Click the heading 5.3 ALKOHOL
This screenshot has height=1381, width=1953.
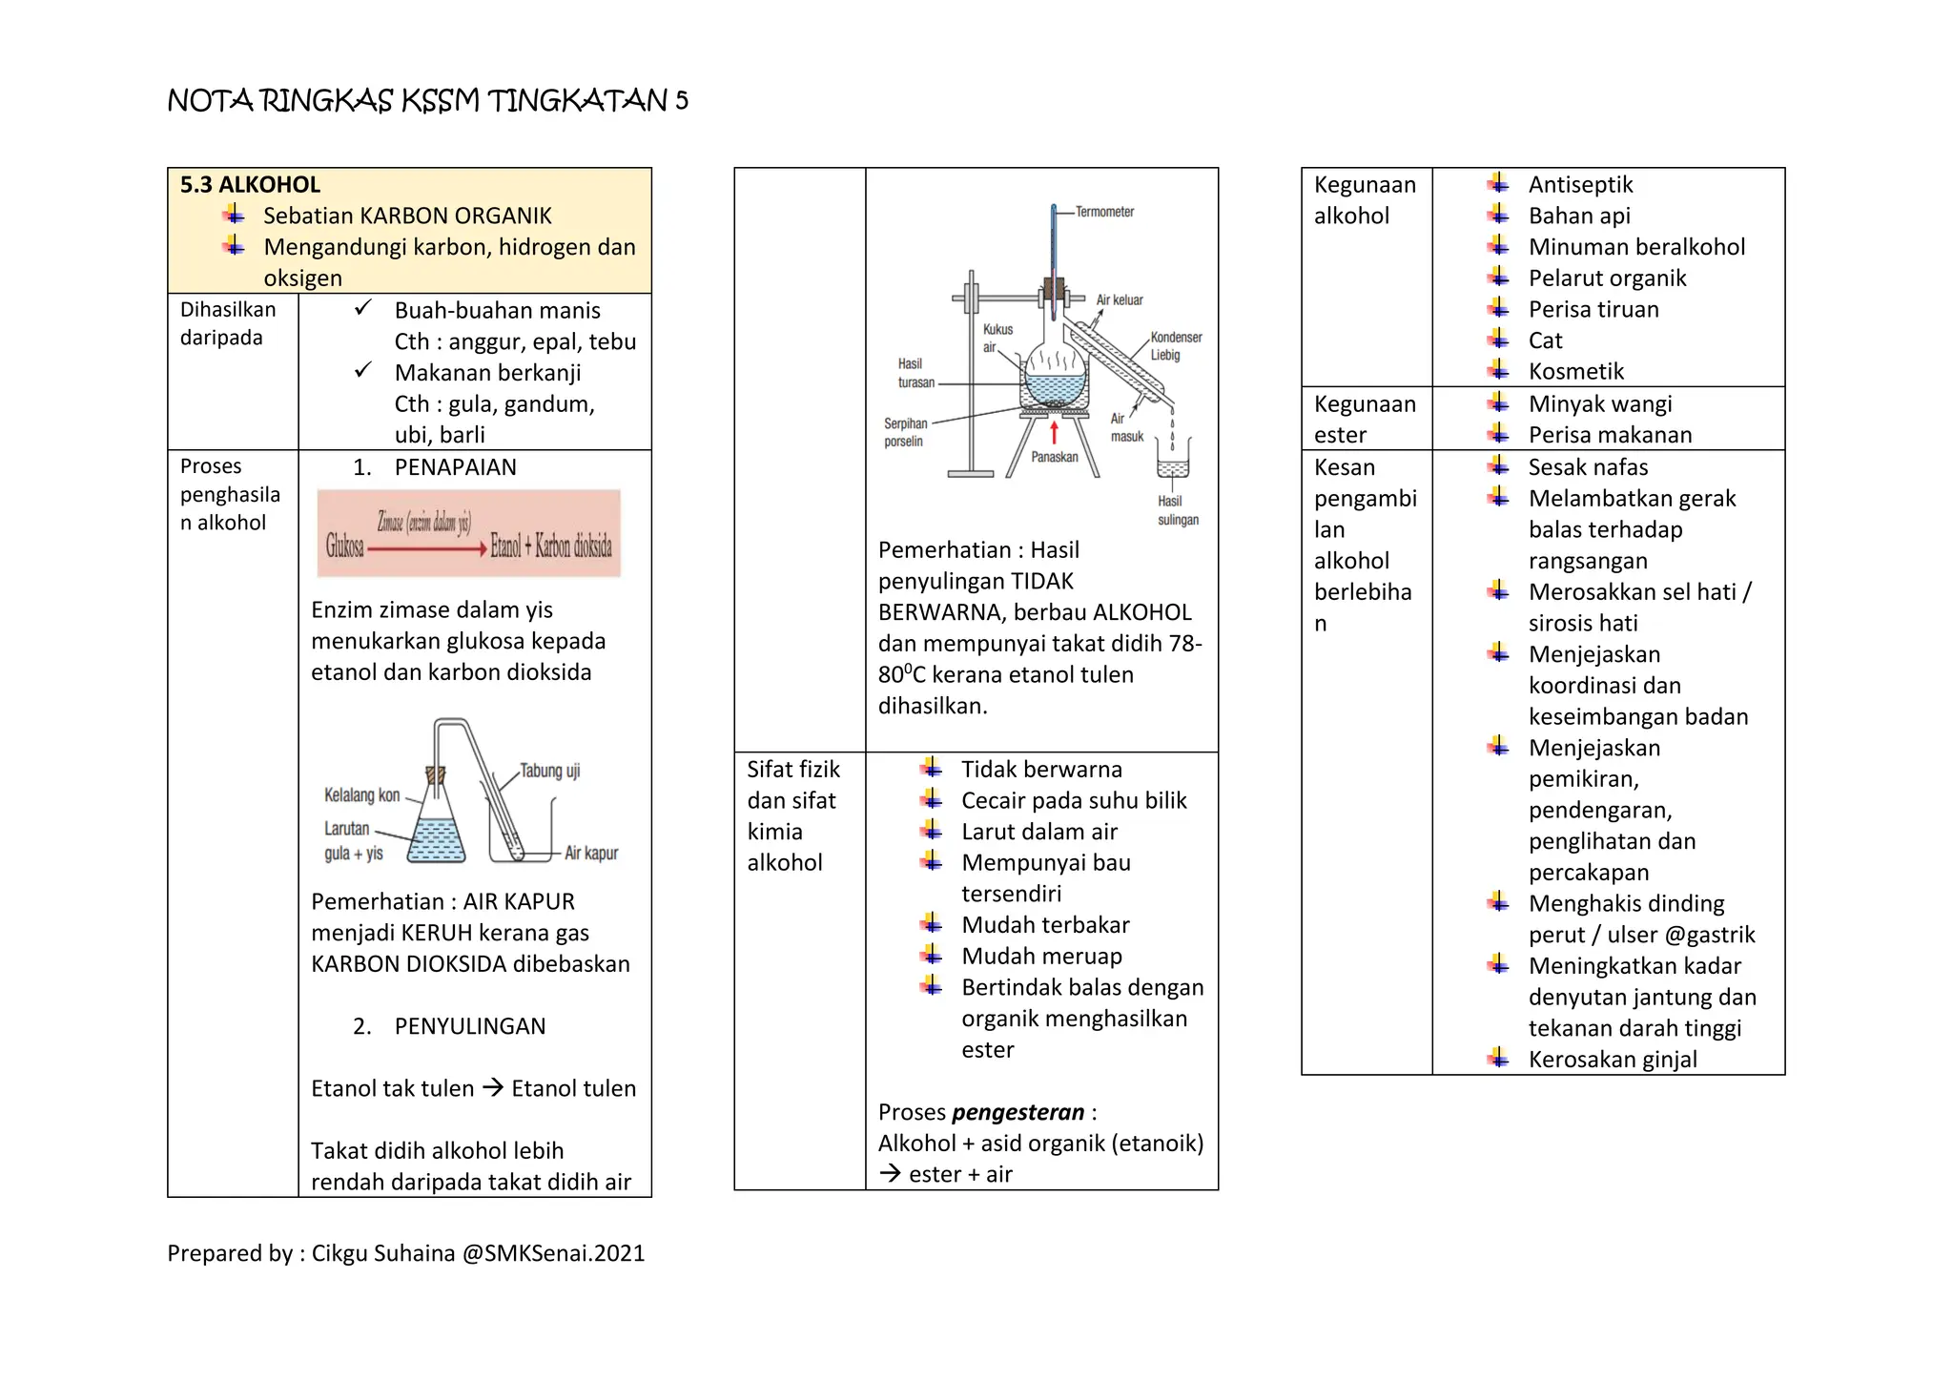pyautogui.click(x=250, y=185)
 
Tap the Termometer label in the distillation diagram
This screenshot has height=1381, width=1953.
pyautogui.click(x=1104, y=212)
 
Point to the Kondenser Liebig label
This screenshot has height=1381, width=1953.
pyautogui.click(x=1175, y=346)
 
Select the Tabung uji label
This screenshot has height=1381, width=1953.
pyautogui.click(x=549, y=771)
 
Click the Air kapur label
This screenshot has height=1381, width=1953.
pyautogui.click(x=590, y=853)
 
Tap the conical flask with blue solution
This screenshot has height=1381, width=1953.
pyautogui.click(x=437, y=830)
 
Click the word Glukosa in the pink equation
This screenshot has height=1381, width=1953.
pyautogui.click(x=344, y=546)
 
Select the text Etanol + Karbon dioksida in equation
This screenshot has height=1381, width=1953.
pyautogui.click(x=551, y=546)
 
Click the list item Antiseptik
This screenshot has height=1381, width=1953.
pyautogui.click(x=1580, y=185)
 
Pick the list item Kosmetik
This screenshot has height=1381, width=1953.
pyautogui.click(x=1575, y=372)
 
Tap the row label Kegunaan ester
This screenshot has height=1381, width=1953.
pyautogui.click(x=1364, y=419)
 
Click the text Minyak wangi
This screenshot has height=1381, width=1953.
pyautogui.click(x=1599, y=404)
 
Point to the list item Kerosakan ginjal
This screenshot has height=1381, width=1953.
pyautogui.click(x=1612, y=1060)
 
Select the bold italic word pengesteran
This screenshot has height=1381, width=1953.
pyautogui.click(x=1018, y=1112)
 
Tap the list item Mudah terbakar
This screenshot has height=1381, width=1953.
pyautogui.click(x=1044, y=925)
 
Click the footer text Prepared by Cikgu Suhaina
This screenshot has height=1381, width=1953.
pyautogui.click(x=405, y=1253)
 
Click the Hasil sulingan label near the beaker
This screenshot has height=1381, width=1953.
pyautogui.click(x=1177, y=510)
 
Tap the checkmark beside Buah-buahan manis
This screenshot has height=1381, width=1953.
pyautogui.click(x=362, y=309)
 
